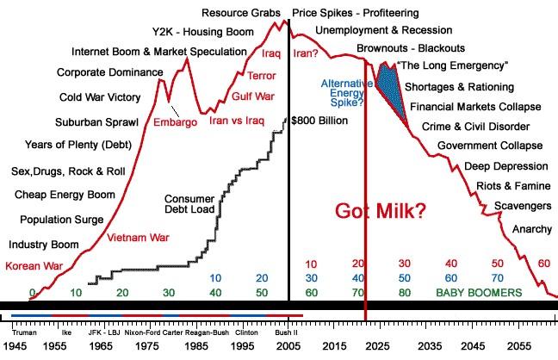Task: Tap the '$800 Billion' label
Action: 319,120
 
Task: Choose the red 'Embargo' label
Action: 175,122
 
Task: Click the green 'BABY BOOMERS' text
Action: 478,293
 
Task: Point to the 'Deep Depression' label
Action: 504,165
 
